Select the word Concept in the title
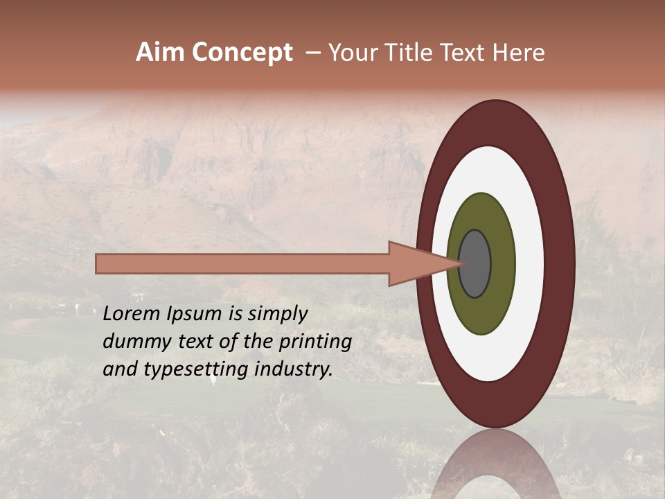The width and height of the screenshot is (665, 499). pyautogui.click(x=242, y=53)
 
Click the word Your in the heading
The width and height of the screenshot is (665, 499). pyautogui.click(x=353, y=53)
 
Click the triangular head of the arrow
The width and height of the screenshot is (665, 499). pyautogui.click(x=416, y=263)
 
